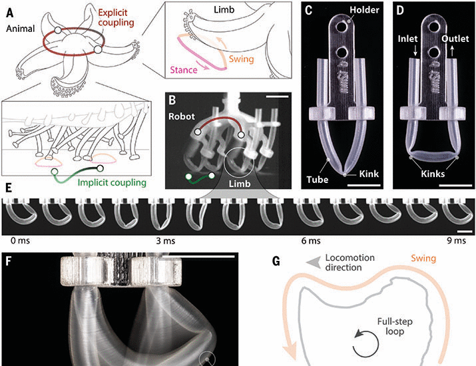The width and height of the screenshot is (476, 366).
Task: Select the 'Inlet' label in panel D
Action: [409, 38]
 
